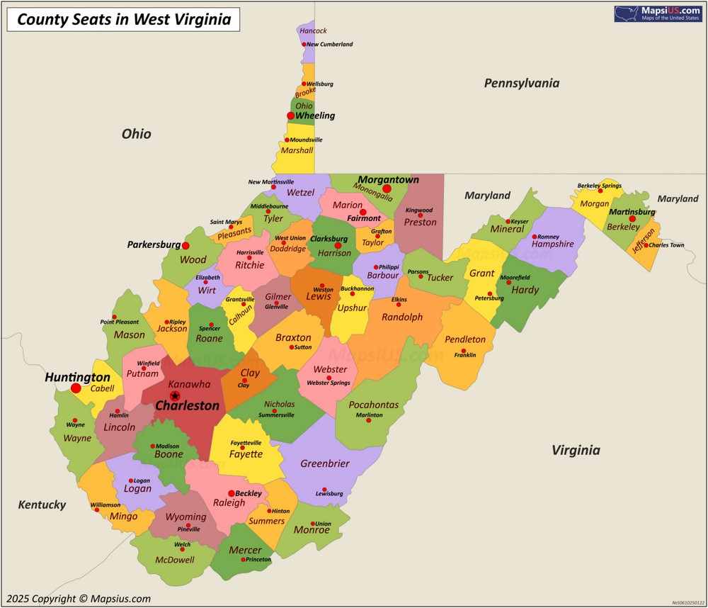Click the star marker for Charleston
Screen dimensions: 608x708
point(175,395)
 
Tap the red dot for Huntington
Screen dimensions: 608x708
point(76,388)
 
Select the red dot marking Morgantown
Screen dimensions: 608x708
point(387,189)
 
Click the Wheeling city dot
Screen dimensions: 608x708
point(290,116)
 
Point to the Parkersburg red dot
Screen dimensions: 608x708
point(185,245)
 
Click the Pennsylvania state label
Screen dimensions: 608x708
point(521,83)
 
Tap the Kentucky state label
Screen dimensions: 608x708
point(42,505)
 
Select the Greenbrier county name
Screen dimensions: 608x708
point(325,463)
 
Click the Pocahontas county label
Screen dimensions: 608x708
point(373,405)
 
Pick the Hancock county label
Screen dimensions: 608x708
point(313,30)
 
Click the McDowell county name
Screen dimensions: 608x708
point(174,559)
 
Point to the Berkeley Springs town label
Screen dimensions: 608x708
point(599,186)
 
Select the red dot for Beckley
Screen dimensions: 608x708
point(231,493)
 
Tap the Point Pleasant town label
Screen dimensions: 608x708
point(119,322)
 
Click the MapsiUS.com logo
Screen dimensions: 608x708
point(658,13)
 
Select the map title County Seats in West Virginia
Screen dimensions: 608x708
point(124,19)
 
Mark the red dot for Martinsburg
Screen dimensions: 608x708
point(632,219)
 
